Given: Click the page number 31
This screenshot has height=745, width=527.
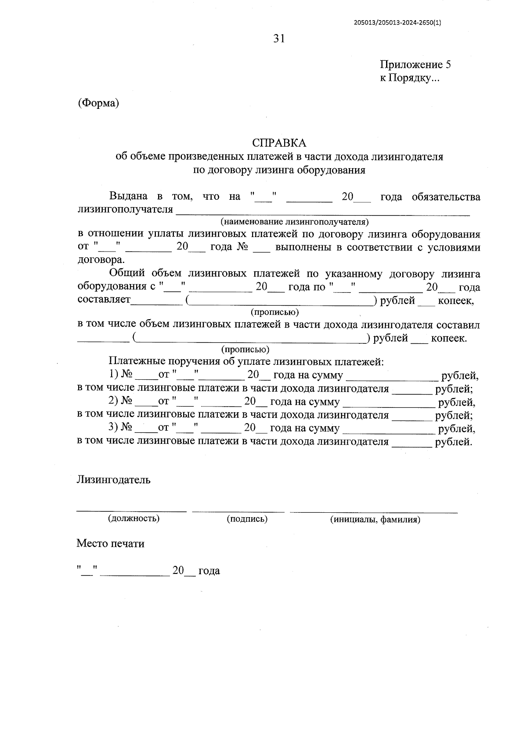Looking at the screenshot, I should point(279,39).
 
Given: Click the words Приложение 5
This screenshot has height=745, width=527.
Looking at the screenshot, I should point(415,65).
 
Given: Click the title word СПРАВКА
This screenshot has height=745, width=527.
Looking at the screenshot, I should point(279,143).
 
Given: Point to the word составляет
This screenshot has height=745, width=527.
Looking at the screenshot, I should point(104,300).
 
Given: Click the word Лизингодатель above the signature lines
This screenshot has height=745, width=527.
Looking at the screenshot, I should point(113,479).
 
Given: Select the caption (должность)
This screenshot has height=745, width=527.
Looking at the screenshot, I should point(134,518).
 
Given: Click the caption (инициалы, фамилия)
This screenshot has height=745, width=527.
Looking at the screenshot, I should point(375,519).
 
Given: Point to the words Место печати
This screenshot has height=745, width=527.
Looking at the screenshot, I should point(110,543).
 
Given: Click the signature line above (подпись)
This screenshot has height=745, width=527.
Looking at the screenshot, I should point(238,511).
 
